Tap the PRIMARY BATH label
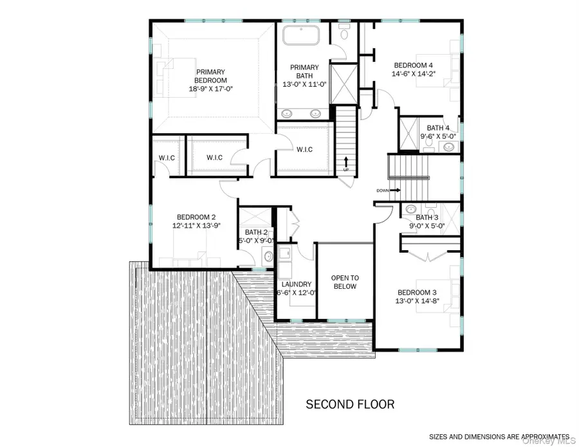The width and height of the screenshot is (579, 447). tap(304, 68)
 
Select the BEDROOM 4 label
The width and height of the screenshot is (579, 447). tap(413, 65)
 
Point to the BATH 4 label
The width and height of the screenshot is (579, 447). tap(436, 127)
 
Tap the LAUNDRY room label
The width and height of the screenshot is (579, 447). tap(296, 284)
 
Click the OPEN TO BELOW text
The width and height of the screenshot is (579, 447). tap(344, 282)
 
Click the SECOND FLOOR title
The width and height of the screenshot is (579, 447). tap(349, 405)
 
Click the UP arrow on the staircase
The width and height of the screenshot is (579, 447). tap(347, 162)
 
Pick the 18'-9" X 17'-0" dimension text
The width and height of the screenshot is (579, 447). tap(210, 89)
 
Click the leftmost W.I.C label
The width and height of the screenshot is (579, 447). tap(167, 158)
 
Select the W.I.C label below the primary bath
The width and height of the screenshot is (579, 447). tap(304, 149)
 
